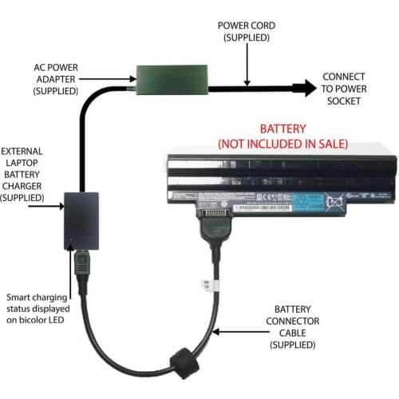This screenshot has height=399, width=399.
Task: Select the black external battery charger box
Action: [x=82, y=219]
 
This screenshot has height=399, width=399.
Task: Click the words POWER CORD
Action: [x=247, y=26]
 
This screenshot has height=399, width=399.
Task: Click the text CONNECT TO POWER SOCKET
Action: [x=344, y=89]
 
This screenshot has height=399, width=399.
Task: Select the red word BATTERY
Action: [x=283, y=130]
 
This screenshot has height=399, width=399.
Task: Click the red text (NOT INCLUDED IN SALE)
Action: [x=283, y=144]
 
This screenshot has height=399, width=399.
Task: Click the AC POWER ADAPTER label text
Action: [x=55, y=79]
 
